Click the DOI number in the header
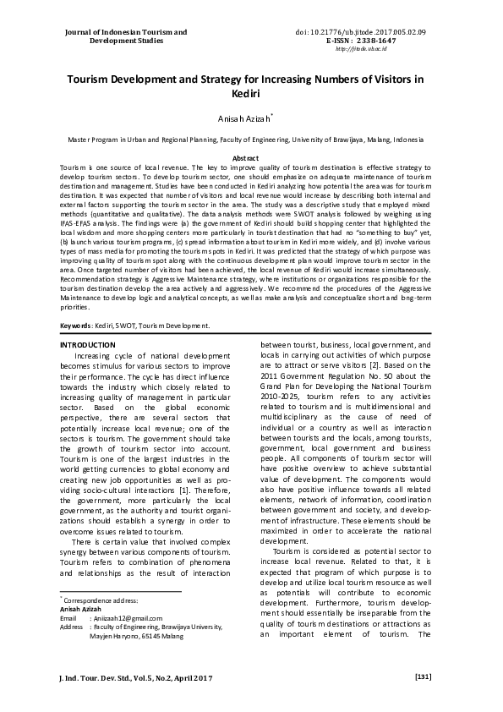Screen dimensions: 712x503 [397, 31]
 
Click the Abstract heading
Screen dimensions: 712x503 [251, 158]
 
